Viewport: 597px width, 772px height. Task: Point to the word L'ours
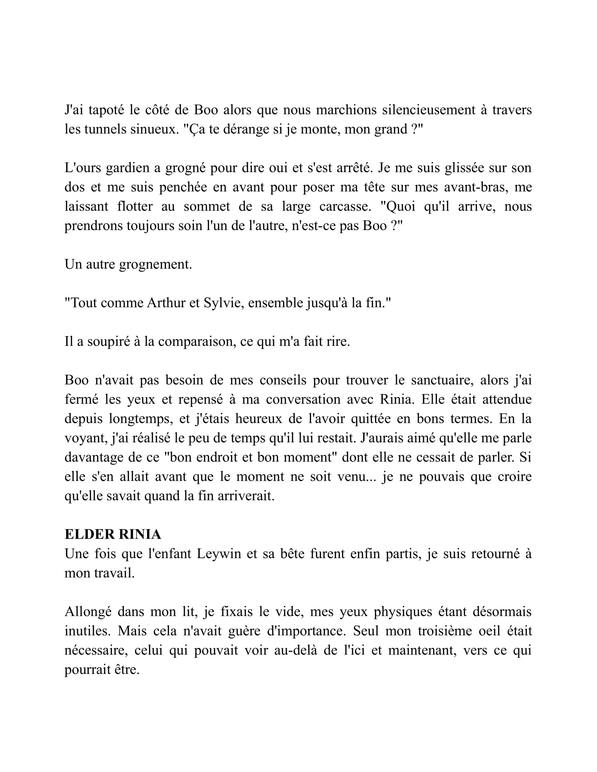coord(83,167)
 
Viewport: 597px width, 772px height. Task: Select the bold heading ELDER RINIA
coord(113,534)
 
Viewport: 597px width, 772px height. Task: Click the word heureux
coord(259,419)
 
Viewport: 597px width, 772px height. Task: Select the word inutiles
coord(87,631)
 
